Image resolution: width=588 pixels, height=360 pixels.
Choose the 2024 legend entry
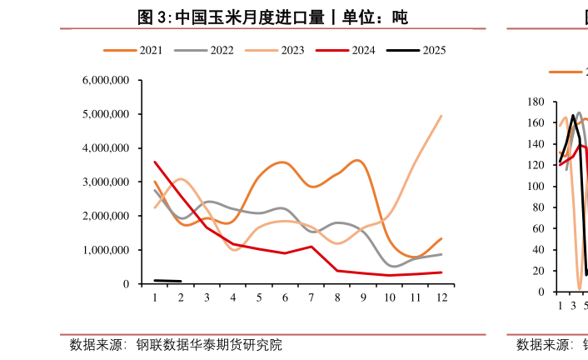coord(346,50)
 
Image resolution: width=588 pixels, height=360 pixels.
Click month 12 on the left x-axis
coord(441,297)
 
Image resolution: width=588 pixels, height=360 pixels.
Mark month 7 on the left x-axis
coord(311,297)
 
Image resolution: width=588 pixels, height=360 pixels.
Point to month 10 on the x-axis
coord(389,297)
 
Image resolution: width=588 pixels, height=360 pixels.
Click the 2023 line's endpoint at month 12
coord(441,117)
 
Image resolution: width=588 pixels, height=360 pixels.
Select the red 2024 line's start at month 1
coord(155,162)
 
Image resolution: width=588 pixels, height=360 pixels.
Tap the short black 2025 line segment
coord(167,281)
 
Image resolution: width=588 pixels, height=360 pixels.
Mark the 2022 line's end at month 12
coord(441,254)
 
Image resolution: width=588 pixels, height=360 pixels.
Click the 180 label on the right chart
coord(536,102)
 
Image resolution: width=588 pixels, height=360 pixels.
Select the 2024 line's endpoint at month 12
coord(441,272)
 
